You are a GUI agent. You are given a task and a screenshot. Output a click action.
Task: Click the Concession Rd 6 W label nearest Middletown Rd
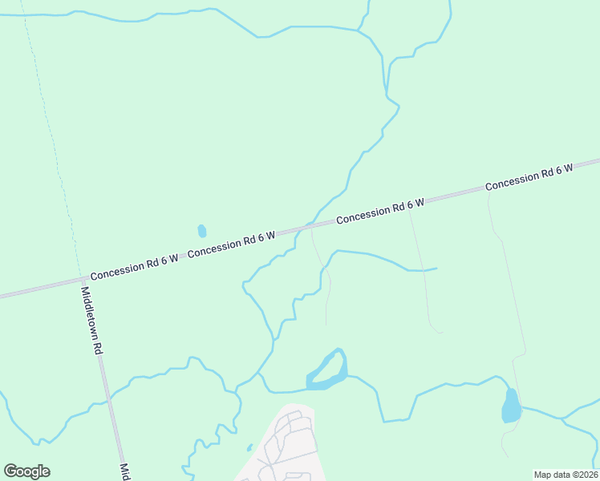click(134, 267)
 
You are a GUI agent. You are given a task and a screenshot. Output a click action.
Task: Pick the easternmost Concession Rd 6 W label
click(529, 176)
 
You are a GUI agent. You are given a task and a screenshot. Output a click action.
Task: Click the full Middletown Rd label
click(91, 321)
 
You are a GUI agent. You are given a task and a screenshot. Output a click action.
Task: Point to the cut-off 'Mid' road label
click(124, 471)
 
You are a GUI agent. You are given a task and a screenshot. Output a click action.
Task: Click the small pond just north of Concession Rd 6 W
click(201, 231)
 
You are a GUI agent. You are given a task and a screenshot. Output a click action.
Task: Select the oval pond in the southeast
click(510, 406)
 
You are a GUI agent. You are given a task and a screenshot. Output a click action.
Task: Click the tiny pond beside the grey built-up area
click(249, 447)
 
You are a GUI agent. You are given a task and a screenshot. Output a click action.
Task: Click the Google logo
click(27, 471)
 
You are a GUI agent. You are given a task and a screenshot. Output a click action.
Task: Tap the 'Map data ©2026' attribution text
click(566, 475)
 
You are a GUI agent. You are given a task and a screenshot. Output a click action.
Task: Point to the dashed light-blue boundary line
click(53, 144)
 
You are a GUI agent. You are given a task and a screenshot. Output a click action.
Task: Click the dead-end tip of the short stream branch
click(436, 268)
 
